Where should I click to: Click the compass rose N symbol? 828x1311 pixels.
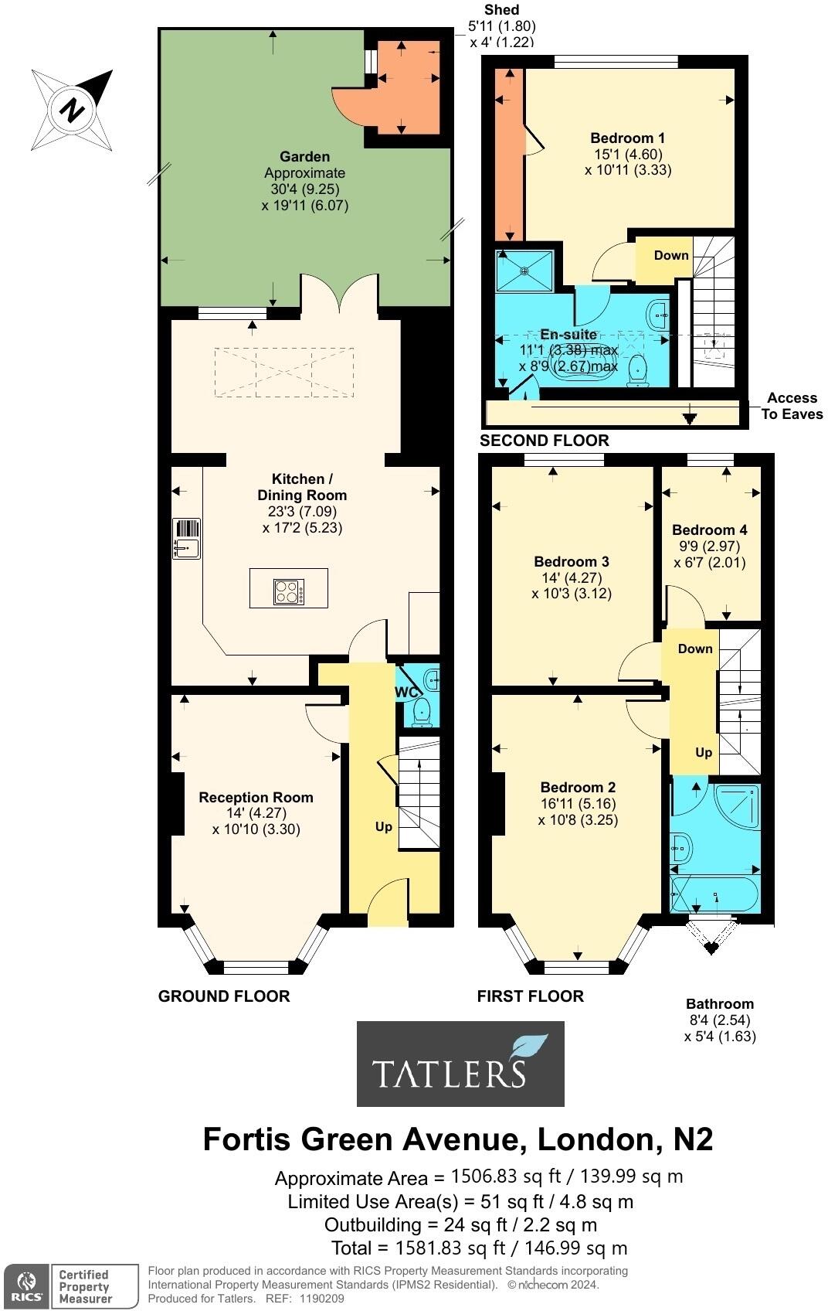point(73,109)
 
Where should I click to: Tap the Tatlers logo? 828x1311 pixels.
point(460,1064)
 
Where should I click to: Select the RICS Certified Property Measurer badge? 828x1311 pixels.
point(61,1286)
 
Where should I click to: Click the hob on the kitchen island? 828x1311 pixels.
point(289,592)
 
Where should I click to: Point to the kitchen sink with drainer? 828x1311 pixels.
point(187,539)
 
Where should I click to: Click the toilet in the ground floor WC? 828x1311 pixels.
point(422,712)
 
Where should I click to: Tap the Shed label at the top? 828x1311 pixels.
point(501,9)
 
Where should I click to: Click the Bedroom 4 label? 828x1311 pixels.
point(709,530)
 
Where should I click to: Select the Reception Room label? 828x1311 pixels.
point(256,797)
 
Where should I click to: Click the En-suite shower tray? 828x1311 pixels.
point(525,270)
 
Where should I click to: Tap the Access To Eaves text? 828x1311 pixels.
point(792,406)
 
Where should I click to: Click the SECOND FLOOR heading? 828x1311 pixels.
point(544,441)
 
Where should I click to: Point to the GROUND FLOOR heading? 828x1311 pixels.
point(224,996)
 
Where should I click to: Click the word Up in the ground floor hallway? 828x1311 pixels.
point(383,826)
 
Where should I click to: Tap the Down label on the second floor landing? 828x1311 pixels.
point(670,255)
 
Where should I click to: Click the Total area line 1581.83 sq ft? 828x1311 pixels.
point(479,1248)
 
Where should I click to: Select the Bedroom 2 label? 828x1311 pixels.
point(578,787)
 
